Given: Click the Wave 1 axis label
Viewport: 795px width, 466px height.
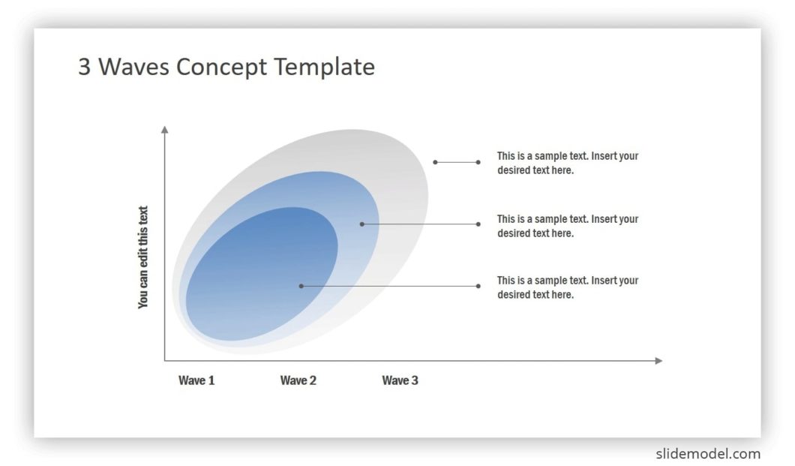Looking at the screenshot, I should click(x=196, y=380).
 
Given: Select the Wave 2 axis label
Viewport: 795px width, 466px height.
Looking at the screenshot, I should click(x=298, y=380).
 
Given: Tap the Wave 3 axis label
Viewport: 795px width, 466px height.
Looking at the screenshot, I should click(x=400, y=380).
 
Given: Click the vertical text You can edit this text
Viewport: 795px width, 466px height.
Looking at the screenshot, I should click(x=143, y=257).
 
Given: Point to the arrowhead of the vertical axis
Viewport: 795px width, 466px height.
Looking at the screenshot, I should click(x=165, y=130).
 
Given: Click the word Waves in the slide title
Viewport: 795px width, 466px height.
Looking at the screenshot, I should click(x=135, y=67).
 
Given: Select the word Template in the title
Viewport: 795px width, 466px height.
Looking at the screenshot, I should click(x=324, y=67).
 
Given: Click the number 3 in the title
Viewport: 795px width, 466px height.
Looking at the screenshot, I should click(x=85, y=68).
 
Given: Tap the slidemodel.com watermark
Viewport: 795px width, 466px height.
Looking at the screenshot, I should click(x=708, y=453).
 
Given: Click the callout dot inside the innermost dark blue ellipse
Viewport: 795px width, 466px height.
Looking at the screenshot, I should click(x=301, y=286).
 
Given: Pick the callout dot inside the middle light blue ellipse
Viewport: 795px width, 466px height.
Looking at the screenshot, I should click(x=361, y=224).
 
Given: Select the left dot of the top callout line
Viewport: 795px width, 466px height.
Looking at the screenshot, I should click(x=435, y=162).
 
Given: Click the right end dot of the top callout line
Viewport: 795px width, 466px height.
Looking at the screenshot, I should click(x=478, y=162).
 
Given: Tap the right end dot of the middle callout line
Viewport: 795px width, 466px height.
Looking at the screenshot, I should click(x=478, y=224).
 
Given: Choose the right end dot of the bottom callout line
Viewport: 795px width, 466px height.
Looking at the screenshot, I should click(x=478, y=286).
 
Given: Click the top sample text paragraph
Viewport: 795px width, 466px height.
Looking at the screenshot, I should click(x=567, y=163).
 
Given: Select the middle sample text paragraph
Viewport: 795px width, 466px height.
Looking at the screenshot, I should click(x=567, y=226).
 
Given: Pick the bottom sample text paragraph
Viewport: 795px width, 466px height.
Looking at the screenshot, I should click(x=567, y=287).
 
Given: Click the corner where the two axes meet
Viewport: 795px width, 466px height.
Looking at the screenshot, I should click(x=165, y=361).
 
